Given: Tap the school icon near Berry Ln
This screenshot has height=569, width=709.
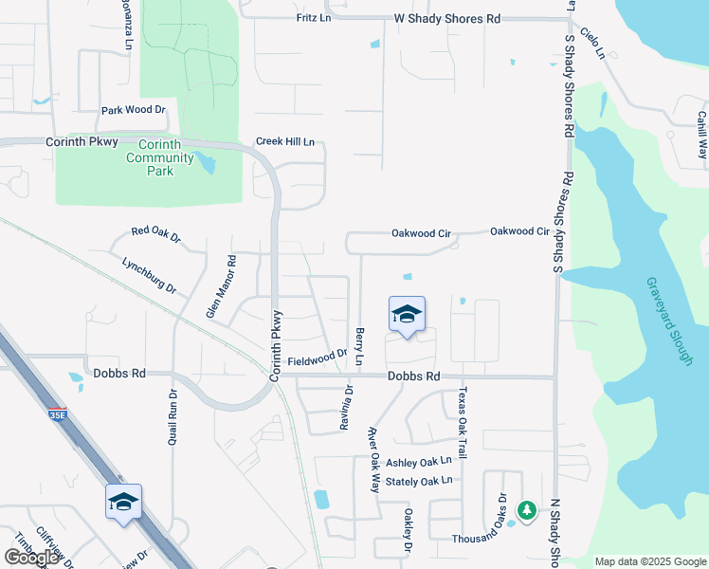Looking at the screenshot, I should [407, 315].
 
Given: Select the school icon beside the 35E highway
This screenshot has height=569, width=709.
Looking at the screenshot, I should [123, 502].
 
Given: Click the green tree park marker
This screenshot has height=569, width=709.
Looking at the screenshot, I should [526, 510].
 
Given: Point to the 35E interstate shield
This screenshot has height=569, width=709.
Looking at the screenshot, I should [57, 414].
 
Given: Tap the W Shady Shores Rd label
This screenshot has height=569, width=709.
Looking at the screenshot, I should [446, 18].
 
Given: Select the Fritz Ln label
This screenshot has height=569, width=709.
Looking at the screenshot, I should [313, 18].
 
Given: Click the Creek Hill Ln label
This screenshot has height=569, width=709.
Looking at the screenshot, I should [284, 142].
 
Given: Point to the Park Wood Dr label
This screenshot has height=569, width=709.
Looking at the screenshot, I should [134, 110].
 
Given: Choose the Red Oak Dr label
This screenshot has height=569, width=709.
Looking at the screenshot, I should [155, 232].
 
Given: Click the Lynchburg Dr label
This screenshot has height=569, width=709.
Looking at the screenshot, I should [150, 274].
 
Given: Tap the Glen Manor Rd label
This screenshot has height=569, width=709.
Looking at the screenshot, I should [220, 285].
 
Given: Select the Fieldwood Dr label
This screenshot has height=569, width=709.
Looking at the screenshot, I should [318, 358].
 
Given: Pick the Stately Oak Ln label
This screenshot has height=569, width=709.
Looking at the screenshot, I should [420, 480].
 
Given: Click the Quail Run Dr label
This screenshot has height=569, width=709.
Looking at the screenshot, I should [173, 419].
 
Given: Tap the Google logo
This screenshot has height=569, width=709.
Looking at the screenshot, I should [31, 558].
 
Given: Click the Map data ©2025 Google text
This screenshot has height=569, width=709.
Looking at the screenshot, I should [650, 561].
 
